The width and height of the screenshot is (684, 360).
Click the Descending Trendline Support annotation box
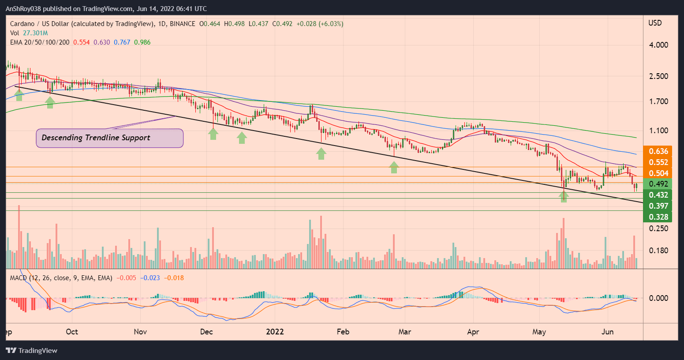click(x=109, y=138)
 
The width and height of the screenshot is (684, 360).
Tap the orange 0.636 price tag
click(x=658, y=151)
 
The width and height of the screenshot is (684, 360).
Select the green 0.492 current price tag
click(x=658, y=184)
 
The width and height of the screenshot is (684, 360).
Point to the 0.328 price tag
click(x=658, y=217)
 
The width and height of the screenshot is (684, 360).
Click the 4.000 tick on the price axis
click(x=658, y=45)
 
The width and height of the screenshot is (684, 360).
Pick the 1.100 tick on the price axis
click(x=658, y=131)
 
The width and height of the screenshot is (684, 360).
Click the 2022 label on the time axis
click(x=275, y=332)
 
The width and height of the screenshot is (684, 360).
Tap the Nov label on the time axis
click(x=140, y=332)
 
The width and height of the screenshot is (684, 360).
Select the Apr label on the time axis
click(x=473, y=332)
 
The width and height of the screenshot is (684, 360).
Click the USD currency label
click(x=655, y=23)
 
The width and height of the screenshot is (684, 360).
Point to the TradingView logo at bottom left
click(x=32, y=351)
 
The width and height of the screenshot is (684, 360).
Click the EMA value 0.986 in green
click(x=142, y=42)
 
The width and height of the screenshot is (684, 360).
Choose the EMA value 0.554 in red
click(x=81, y=42)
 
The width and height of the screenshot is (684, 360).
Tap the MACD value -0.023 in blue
click(x=150, y=278)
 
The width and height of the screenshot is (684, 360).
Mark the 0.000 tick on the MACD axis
click(x=658, y=298)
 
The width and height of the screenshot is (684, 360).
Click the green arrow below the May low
click(x=564, y=196)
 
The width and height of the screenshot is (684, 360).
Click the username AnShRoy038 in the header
click(x=25, y=9)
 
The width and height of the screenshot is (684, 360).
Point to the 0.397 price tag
click(x=658, y=206)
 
